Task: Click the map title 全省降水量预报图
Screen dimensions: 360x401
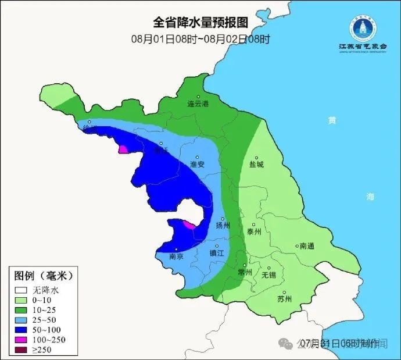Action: point(201,23)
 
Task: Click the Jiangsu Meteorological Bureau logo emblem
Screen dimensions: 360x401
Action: point(362,27)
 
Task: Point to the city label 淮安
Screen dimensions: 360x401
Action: point(198,165)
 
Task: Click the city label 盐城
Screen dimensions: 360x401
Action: point(256,165)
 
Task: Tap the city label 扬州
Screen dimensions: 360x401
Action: point(223,226)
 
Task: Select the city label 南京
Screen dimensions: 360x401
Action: point(176,256)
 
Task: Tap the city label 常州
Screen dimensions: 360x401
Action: point(245,272)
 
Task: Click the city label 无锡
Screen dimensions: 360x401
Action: point(268,275)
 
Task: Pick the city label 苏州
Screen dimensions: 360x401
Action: point(284,300)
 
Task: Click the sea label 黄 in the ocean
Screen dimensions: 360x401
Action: point(332,120)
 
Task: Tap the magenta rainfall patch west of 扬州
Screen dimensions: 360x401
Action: point(189,224)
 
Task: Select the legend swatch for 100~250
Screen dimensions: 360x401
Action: point(22,339)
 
